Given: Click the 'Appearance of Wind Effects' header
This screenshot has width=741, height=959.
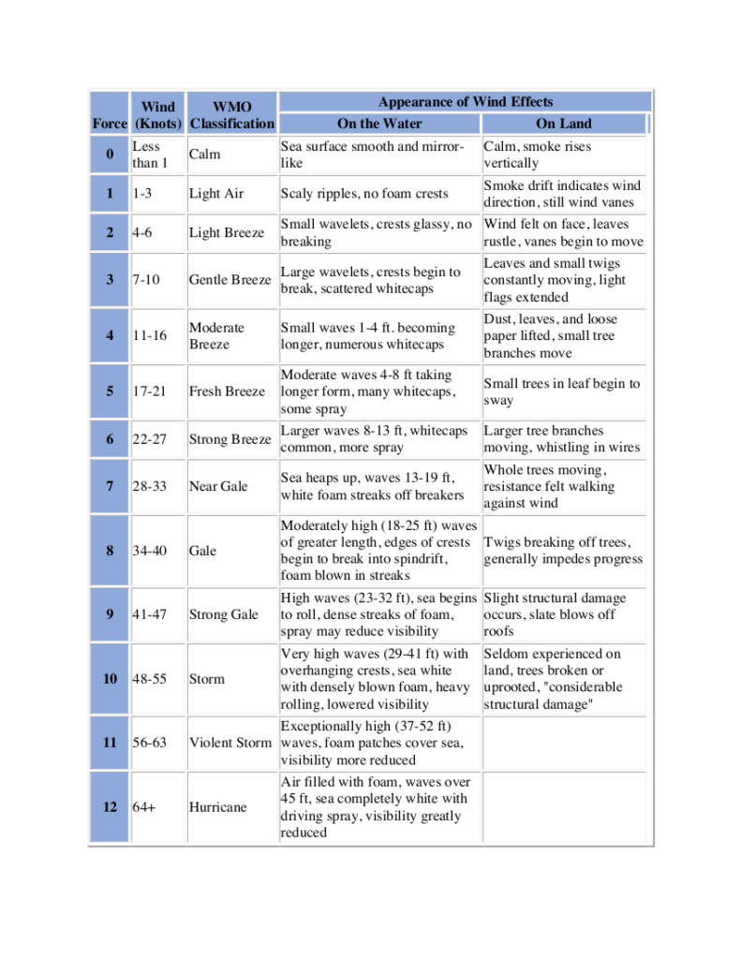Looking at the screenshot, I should pos(465,102).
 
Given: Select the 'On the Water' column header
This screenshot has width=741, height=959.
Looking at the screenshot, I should pos(379,124).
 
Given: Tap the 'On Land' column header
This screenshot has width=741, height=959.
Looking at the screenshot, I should pos(564,124).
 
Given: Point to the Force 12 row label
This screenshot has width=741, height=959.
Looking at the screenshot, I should pos(110,807).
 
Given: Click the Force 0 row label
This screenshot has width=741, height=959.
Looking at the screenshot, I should pos(110,155).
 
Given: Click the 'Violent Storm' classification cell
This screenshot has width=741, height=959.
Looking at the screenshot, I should pos(230,743).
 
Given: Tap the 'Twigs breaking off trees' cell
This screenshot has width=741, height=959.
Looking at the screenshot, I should pos(563,551).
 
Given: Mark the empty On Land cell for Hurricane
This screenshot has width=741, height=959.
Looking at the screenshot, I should pos(564,807).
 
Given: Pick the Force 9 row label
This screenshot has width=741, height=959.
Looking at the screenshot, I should pos(110,614).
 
